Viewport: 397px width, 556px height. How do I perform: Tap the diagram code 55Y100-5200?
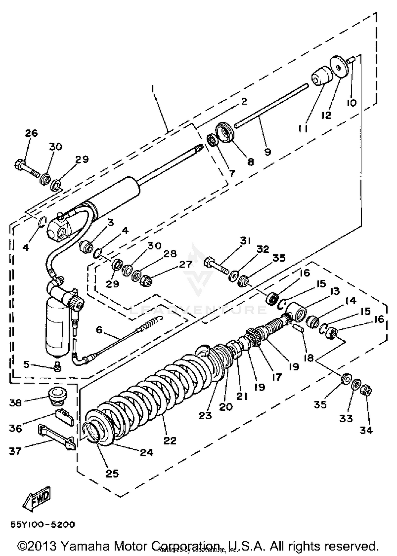pyautogui.click(x=43, y=524)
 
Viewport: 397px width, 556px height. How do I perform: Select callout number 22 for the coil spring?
pyautogui.click(x=170, y=440)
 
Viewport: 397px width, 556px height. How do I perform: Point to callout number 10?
pyautogui.click(x=352, y=103)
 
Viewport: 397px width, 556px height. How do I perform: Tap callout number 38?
pyautogui.click(x=15, y=403)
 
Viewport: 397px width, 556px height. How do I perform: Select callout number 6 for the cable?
pyautogui.click(x=99, y=330)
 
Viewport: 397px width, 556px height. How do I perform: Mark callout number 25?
pyautogui.click(x=112, y=473)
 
